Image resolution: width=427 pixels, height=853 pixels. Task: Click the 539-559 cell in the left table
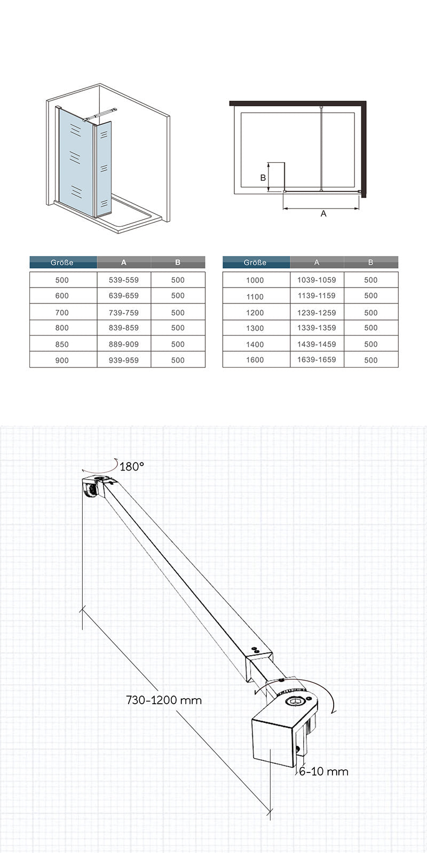[124, 280]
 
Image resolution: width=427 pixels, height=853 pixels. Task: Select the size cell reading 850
[62, 344]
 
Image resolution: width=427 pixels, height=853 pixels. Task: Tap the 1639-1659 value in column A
[317, 360]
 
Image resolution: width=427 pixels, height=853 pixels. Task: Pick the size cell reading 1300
[255, 328]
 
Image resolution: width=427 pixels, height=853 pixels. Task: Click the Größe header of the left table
[62, 262]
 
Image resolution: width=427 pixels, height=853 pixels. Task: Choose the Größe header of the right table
[255, 262]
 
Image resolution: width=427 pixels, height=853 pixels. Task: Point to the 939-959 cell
[124, 360]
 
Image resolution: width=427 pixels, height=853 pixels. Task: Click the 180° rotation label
[132, 467]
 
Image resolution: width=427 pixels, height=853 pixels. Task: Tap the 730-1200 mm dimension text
[164, 700]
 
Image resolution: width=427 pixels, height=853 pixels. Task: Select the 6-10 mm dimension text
[323, 771]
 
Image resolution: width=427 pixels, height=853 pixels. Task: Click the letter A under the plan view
[323, 213]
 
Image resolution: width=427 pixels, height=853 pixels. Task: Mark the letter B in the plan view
[263, 178]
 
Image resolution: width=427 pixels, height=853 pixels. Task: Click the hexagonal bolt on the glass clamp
[295, 701]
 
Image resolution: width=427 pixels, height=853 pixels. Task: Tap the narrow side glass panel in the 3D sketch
[104, 168]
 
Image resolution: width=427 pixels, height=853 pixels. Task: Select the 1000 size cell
[255, 280]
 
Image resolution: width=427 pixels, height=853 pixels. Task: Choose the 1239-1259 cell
[317, 312]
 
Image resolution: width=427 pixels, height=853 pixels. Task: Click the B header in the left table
[178, 262]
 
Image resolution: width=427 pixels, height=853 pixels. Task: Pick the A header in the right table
[317, 262]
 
